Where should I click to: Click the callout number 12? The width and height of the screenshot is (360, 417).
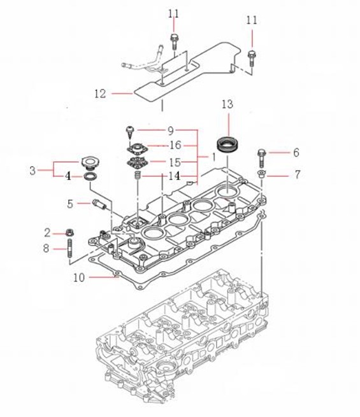pyautogui.click(x=100, y=94)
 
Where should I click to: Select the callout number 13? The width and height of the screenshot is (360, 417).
pyautogui.click(x=227, y=104)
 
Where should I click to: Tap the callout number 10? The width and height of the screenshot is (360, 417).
pyautogui.click(x=79, y=278)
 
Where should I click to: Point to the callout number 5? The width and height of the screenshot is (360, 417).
pyautogui.click(x=70, y=204)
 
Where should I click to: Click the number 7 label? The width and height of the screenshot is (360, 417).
pyautogui.click(x=297, y=174)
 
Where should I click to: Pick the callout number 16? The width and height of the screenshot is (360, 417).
pyautogui.click(x=175, y=145)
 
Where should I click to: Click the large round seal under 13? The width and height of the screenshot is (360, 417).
pyautogui.click(x=229, y=144)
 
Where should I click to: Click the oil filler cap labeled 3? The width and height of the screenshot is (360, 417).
pyautogui.click(x=90, y=163)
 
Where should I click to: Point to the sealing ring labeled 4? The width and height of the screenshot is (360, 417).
pyautogui.click(x=90, y=176)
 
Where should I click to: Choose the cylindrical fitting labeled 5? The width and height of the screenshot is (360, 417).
pyautogui.click(x=99, y=205)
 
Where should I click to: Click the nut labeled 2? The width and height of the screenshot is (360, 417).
pyautogui.click(x=69, y=233)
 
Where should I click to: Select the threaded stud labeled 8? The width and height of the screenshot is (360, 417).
pyautogui.click(x=69, y=249)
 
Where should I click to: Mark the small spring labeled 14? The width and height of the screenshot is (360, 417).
pyautogui.click(x=138, y=175)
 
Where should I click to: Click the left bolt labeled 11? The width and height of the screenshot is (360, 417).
pyautogui.click(x=174, y=42)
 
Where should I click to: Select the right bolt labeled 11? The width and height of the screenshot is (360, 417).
pyautogui.click(x=252, y=58)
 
